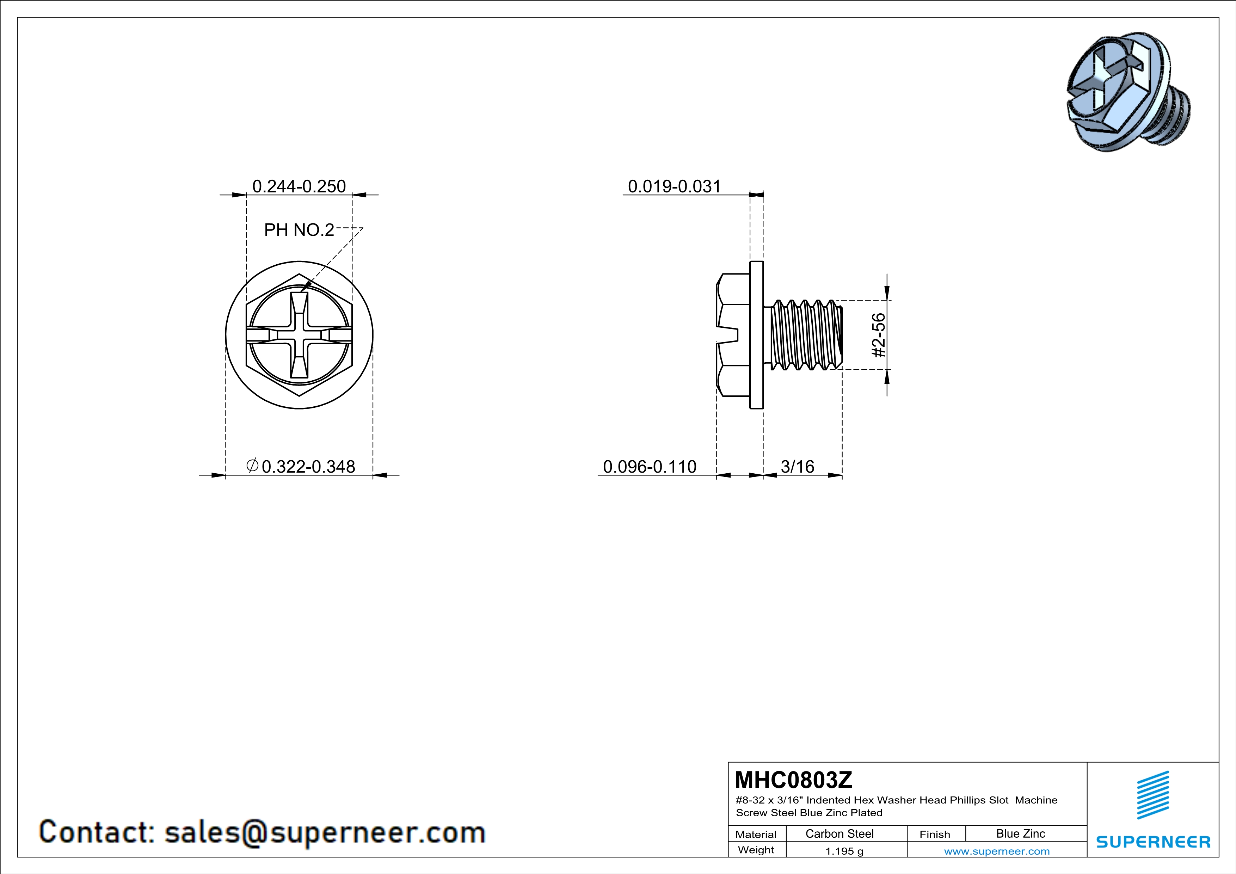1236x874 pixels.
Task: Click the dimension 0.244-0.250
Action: pos(299,186)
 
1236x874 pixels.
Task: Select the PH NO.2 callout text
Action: pos(299,230)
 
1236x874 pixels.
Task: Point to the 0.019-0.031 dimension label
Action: pos(674,186)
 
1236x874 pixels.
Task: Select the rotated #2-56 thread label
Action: pos(878,335)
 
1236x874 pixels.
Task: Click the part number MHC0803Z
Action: pos(793,780)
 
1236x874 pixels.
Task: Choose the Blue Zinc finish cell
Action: pos(1021,833)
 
